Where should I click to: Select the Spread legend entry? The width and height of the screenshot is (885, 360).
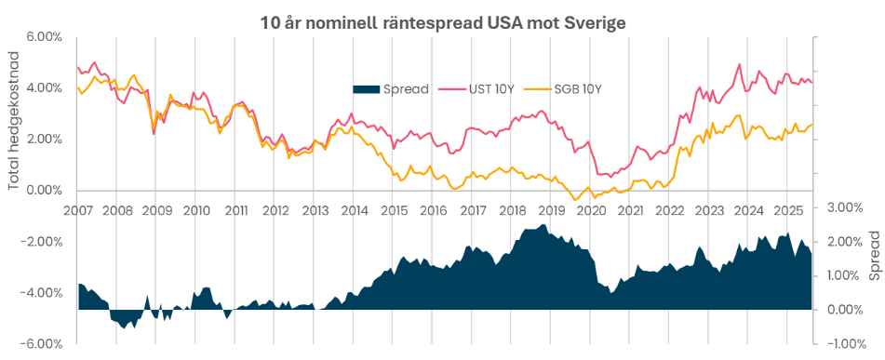tap(391, 89)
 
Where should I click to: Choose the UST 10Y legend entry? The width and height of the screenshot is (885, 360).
tap(484, 89)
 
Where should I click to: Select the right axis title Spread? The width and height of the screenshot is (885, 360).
tap(874, 258)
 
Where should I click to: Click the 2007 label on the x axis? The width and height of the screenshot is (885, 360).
tap(77, 210)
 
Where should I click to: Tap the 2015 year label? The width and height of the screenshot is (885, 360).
tap(394, 210)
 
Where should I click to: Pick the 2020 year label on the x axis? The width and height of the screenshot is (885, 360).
tap(591, 210)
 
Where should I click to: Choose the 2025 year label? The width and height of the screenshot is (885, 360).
tap(788, 210)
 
